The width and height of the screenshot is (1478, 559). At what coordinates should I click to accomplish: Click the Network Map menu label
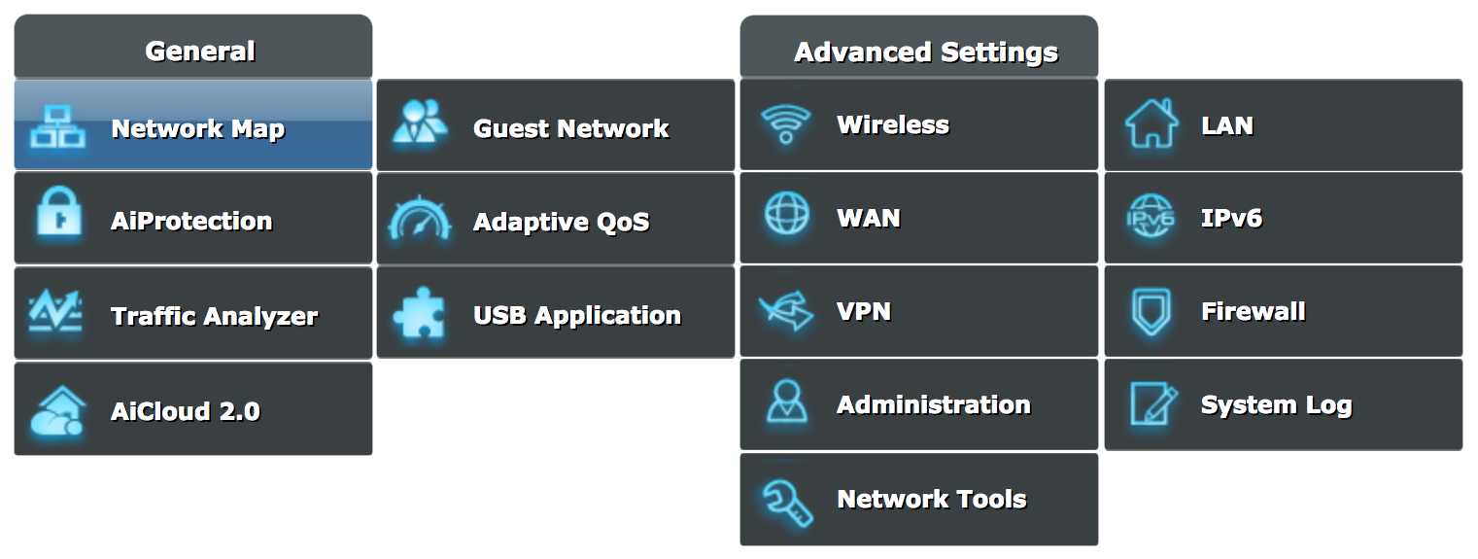click(197, 129)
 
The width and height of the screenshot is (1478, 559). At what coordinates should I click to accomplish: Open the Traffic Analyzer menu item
click(214, 316)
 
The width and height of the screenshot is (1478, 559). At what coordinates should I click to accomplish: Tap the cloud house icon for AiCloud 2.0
click(57, 412)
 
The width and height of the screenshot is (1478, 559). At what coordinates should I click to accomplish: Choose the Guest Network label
click(570, 129)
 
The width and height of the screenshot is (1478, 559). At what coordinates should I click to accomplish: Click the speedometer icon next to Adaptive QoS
click(420, 220)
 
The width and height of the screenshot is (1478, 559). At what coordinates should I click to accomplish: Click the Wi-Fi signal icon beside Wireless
click(785, 124)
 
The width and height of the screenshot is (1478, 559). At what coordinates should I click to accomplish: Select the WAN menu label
click(868, 218)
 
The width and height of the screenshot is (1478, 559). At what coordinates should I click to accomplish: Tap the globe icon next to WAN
click(785, 215)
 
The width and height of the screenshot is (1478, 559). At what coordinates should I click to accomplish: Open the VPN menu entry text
click(863, 312)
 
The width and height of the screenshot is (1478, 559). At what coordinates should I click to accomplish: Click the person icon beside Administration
click(785, 402)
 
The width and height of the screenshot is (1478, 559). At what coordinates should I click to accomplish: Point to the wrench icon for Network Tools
click(785, 501)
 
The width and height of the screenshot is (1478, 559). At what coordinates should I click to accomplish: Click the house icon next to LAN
click(1151, 124)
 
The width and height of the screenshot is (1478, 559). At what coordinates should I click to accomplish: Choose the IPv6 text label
click(1230, 218)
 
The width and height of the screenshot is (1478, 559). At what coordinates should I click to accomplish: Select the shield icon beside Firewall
click(1151, 312)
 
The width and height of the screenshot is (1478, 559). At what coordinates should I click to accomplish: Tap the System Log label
click(1276, 405)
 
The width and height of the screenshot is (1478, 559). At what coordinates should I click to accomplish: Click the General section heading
click(199, 52)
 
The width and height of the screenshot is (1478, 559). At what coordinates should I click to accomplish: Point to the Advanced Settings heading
click(925, 52)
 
